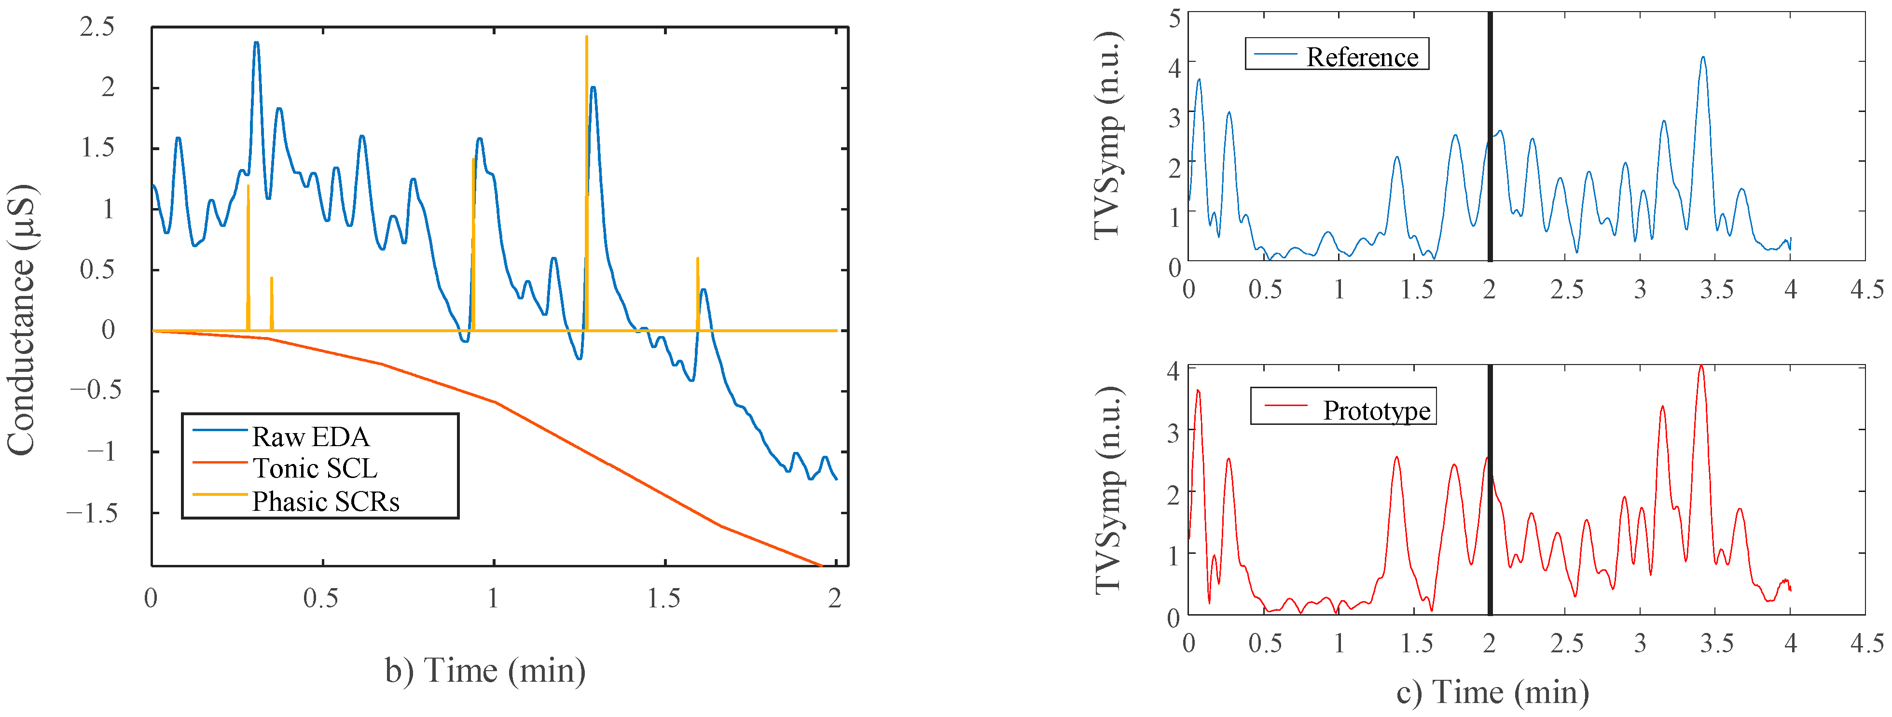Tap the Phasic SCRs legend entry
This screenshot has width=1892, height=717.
point(325,501)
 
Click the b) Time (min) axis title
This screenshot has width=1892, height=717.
point(485,670)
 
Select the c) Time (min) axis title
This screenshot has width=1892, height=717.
point(1492,692)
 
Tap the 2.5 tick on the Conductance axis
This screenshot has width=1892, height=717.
point(97,27)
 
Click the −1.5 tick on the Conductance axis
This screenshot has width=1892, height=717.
point(91,513)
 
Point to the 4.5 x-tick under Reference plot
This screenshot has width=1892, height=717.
point(1866,289)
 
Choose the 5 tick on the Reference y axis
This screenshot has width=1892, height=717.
point(1174,18)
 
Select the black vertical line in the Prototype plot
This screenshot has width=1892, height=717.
point(1490,514)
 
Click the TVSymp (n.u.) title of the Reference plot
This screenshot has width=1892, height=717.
point(1107,135)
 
